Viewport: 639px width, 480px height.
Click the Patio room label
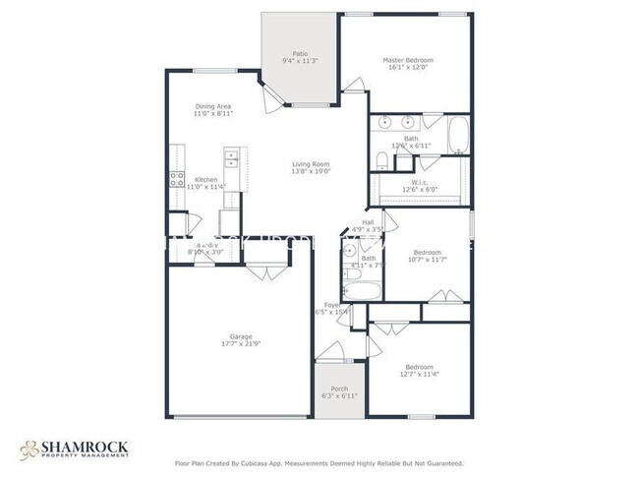300,56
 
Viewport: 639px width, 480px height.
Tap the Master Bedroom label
407,64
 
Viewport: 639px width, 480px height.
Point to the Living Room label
310,167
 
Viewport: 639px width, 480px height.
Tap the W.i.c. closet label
418,186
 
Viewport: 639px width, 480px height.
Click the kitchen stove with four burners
178,179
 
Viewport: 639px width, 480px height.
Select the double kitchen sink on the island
231,157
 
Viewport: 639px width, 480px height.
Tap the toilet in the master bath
381,160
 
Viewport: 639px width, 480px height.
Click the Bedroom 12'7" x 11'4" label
419,370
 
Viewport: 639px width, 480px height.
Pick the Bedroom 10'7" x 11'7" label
426,256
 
